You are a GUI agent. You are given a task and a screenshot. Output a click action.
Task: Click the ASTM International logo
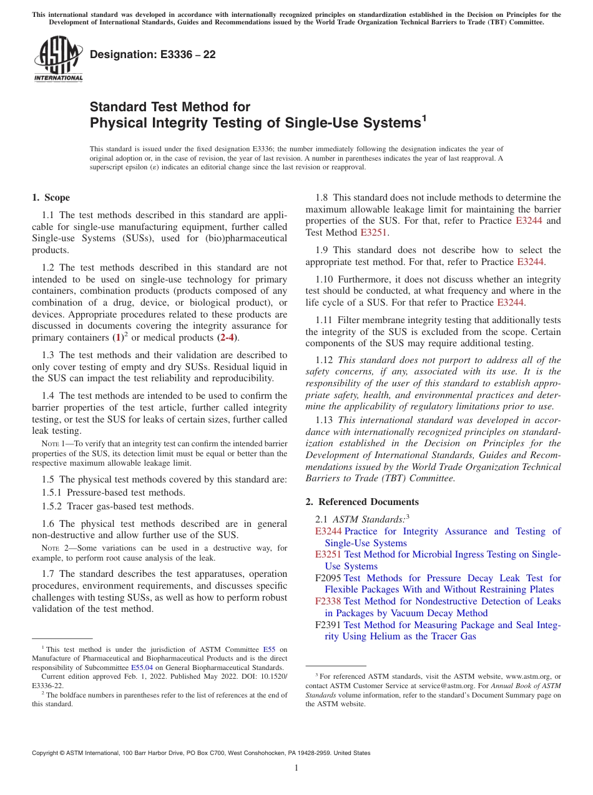coord(58,59)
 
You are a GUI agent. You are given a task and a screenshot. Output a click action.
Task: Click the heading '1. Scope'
coord(51,197)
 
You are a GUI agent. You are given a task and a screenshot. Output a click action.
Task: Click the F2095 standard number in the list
coord(328,578)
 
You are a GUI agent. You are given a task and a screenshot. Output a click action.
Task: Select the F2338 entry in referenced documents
coord(328,601)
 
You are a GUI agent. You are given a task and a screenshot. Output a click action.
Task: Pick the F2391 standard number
coord(328,625)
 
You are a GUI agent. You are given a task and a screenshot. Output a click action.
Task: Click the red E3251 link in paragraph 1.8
coord(374,232)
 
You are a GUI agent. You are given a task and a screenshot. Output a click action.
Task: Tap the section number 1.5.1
coord(53,492)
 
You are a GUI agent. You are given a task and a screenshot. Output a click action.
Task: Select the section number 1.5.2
coord(53,506)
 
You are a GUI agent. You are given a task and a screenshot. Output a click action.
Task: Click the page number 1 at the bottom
coord(296,768)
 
